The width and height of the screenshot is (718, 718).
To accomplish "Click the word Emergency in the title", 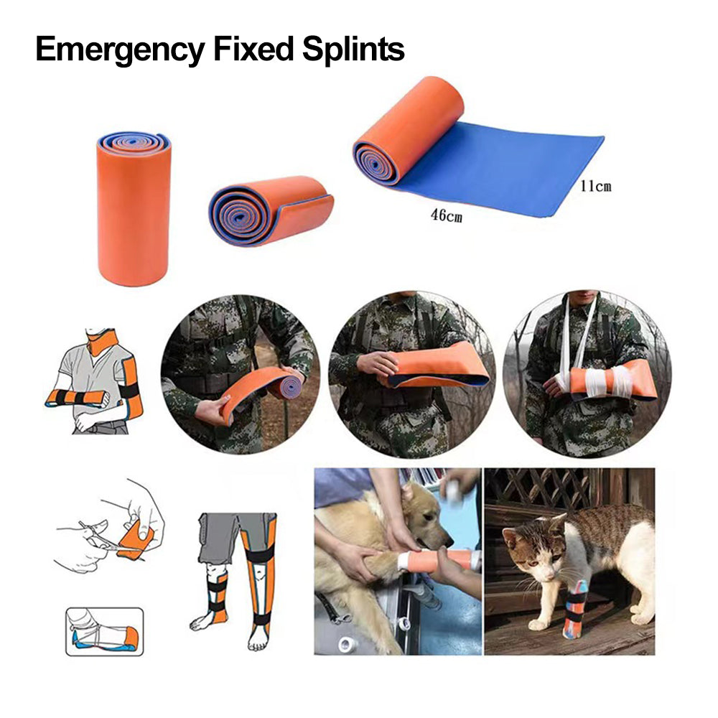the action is click(120, 50).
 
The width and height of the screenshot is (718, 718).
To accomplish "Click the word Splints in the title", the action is click(353, 49).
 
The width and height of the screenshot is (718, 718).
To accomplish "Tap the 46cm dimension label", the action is click(446, 215).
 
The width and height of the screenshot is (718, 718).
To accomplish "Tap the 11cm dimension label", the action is click(595, 186).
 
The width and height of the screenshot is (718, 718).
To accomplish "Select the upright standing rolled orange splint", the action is click(134, 209).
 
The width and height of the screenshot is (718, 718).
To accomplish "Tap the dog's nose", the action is click(448, 541).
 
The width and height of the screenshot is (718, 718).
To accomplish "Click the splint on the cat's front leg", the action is click(575, 609).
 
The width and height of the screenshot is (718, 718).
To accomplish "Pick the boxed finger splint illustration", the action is click(104, 631).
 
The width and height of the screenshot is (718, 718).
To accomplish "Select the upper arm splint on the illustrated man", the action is click(131, 388).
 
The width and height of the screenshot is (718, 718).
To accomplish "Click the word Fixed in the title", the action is click(253, 49).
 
